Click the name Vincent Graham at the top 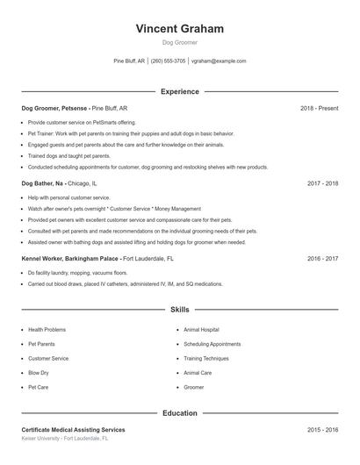coord(180,29)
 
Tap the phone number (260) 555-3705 coord(168,61)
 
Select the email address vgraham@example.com coord(219,61)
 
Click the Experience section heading coord(180,91)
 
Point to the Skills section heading coord(180,310)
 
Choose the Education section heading coord(180,412)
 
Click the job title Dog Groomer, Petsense coord(54,108)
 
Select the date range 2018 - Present coord(319,108)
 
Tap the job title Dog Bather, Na coord(43,184)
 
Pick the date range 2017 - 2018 coord(323,184)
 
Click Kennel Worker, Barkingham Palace coord(70,260)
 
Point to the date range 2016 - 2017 coord(323,260)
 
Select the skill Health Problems coord(47,330)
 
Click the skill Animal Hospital coord(201,330)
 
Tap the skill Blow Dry coord(40,373)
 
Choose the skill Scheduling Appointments coord(212,344)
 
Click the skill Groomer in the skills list coord(193,387)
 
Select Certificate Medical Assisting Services coord(73,430)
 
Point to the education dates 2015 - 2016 coord(323,430)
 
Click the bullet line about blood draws coord(125,284)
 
